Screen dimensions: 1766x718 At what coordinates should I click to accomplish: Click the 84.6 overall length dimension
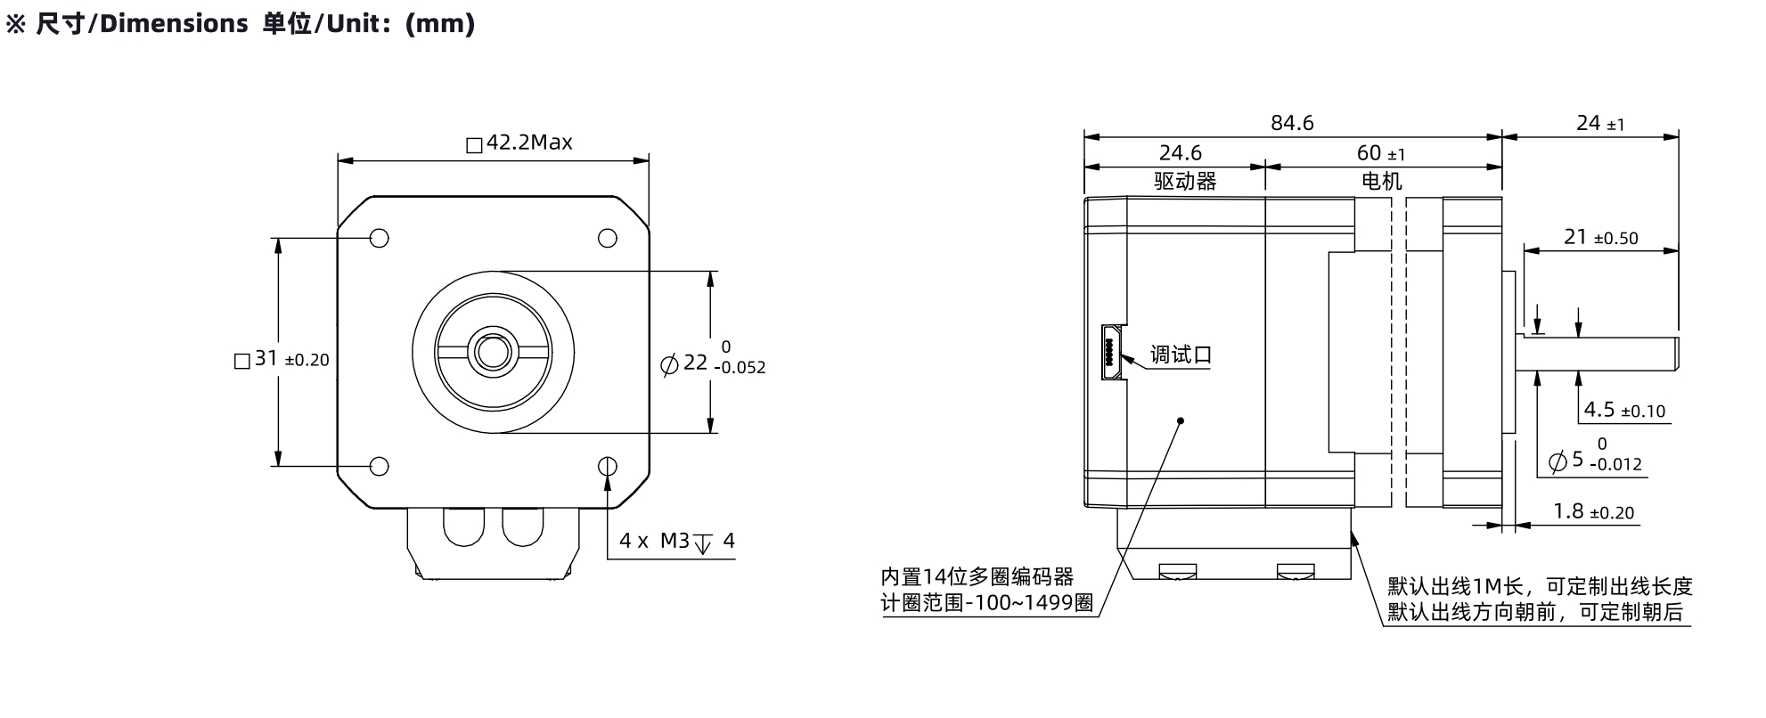(1292, 123)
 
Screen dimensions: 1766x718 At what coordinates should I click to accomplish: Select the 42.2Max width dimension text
(519, 143)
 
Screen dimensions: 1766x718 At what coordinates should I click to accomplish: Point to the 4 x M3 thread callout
(677, 541)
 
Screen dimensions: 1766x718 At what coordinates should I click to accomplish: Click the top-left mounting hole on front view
(380, 238)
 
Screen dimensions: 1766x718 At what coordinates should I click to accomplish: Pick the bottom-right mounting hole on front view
(608, 466)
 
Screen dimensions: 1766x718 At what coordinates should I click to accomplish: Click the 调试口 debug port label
(1181, 355)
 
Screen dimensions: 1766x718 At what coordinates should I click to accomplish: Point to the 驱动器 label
(1185, 182)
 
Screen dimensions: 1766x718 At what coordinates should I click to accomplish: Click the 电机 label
(1382, 182)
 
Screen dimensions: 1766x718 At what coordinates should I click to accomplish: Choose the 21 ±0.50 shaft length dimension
(1601, 237)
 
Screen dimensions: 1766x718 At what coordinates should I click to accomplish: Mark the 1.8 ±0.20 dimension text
(1594, 511)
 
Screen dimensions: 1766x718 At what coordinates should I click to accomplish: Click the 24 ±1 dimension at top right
(1600, 123)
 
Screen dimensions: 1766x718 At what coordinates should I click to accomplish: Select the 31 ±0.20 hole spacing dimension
(282, 359)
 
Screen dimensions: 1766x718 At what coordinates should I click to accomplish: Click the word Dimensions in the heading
(174, 24)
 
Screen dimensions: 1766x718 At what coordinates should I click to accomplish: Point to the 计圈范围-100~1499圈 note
(987, 603)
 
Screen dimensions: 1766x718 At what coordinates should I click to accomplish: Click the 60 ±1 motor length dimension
(1381, 153)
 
